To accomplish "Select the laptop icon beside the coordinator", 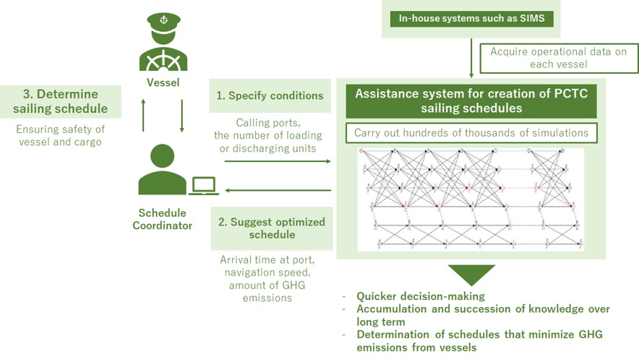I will (x=204, y=186).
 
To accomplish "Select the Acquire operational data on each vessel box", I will (x=559, y=58).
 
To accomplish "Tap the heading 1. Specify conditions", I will (x=270, y=95).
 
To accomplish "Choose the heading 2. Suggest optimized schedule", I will (x=271, y=228).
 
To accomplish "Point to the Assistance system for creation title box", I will (x=471, y=102).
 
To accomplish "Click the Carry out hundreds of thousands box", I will (x=471, y=133).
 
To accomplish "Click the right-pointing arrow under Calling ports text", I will (x=278, y=160).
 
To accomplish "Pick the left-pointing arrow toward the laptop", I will (x=278, y=191).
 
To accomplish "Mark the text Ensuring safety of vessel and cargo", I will (x=61, y=136).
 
